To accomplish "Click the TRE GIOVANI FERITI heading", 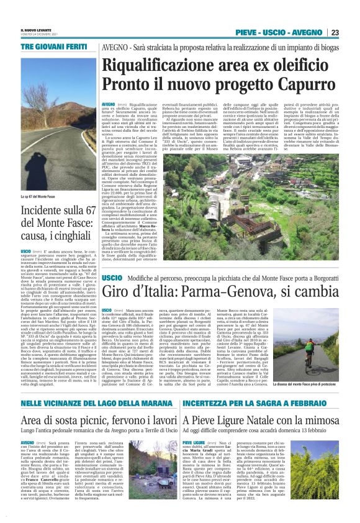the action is [48, 47].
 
